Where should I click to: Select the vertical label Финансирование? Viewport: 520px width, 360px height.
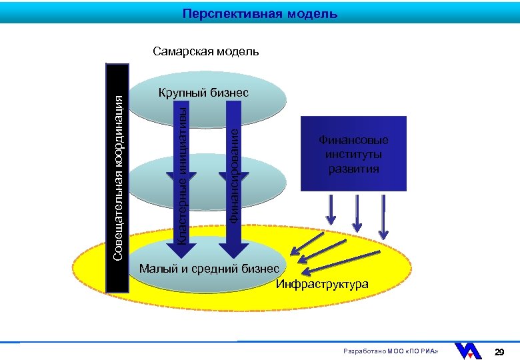pyautogui.click(x=234, y=175)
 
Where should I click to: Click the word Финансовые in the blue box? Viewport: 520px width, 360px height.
pyautogui.click(x=353, y=141)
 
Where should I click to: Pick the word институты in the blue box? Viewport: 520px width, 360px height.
pyautogui.click(x=353, y=155)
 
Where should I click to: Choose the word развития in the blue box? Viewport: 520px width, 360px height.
pyautogui.click(x=353, y=169)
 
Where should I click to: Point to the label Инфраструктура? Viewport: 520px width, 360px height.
pyautogui.click(x=321, y=285)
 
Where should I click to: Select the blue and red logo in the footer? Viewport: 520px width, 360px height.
pyautogui.click(x=468, y=351)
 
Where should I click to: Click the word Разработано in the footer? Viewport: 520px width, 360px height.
pyautogui.click(x=362, y=352)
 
